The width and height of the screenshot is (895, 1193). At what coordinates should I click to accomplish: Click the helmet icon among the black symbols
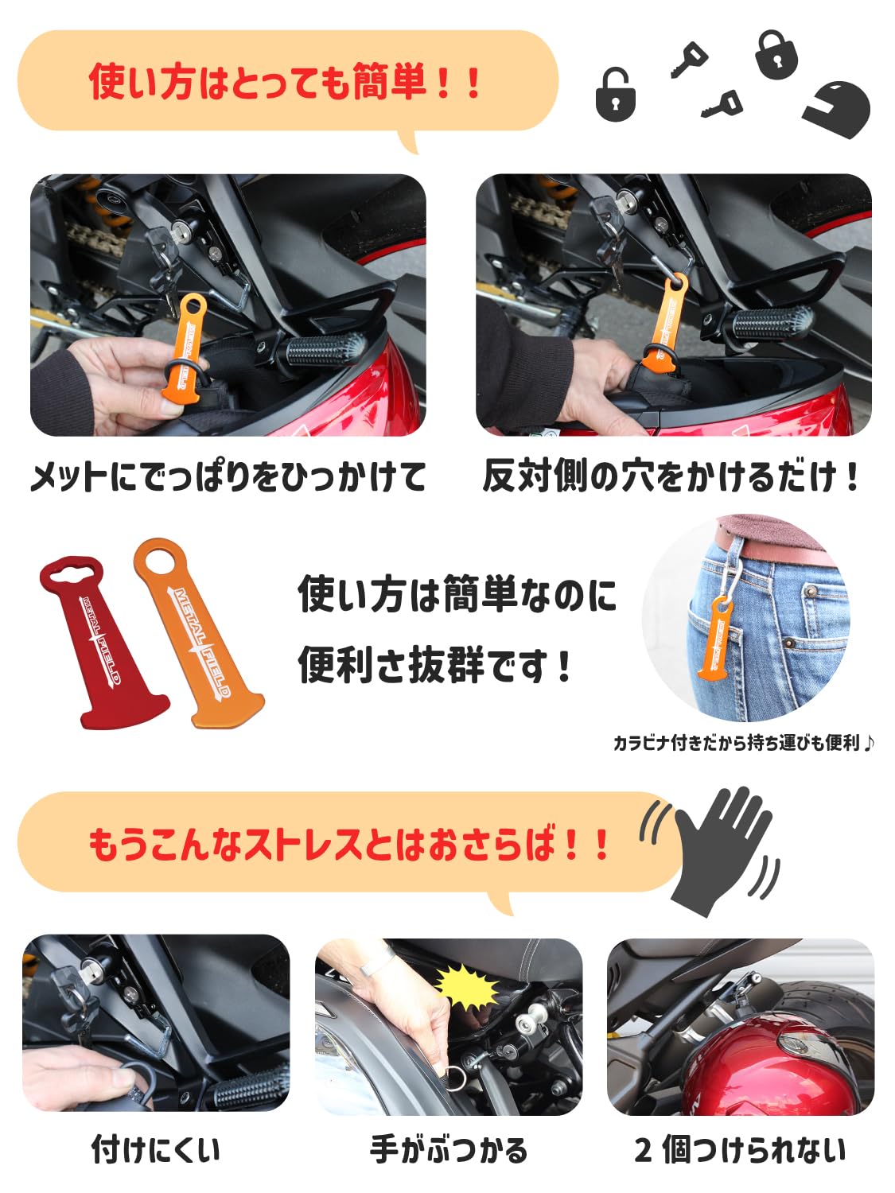coord(837,109)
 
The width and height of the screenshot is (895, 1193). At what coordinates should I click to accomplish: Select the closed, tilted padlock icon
coord(777,54)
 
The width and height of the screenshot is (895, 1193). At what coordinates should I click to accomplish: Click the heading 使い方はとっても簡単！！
coord(286,81)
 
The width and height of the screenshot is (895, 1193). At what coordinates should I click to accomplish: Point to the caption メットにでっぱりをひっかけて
coord(228,477)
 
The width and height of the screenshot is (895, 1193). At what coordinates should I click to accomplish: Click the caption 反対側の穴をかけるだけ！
coord(671,476)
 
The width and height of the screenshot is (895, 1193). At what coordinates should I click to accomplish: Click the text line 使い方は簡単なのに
coord(457,594)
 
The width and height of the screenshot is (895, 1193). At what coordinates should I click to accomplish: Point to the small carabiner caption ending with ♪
coord(744,742)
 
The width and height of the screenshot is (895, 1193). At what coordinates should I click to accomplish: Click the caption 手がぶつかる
coord(449,1150)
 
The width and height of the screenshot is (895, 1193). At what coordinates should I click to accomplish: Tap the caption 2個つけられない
coord(740,1150)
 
